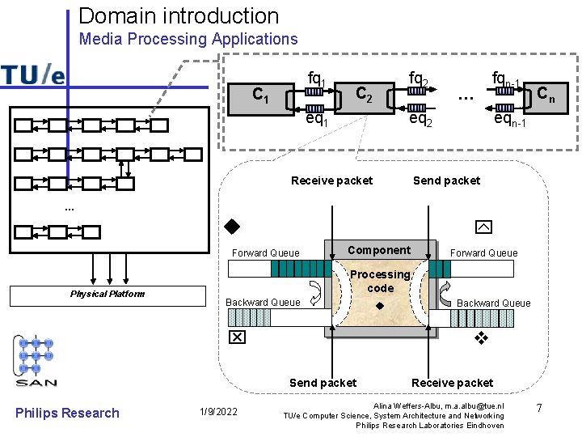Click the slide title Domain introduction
pyautogui.click(x=179, y=15)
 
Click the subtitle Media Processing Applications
pyautogui.click(x=188, y=39)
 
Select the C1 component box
pyautogui.click(x=260, y=95)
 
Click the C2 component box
pyautogui.click(x=365, y=95)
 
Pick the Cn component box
pyautogui.click(x=546, y=95)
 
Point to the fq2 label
pyautogui.click(x=418, y=78)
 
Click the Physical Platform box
pyautogui.click(x=108, y=295)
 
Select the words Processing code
pyautogui.click(x=380, y=281)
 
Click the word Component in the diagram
pyautogui.click(x=379, y=250)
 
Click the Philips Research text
pyautogui.click(x=67, y=413)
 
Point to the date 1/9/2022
pyautogui.click(x=217, y=413)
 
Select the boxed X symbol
pyautogui.click(x=237, y=337)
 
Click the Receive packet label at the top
pyautogui.click(x=331, y=180)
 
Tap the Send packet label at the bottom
pyautogui.click(x=323, y=383)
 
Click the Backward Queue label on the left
pyautogui.click(x=263, y=303)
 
